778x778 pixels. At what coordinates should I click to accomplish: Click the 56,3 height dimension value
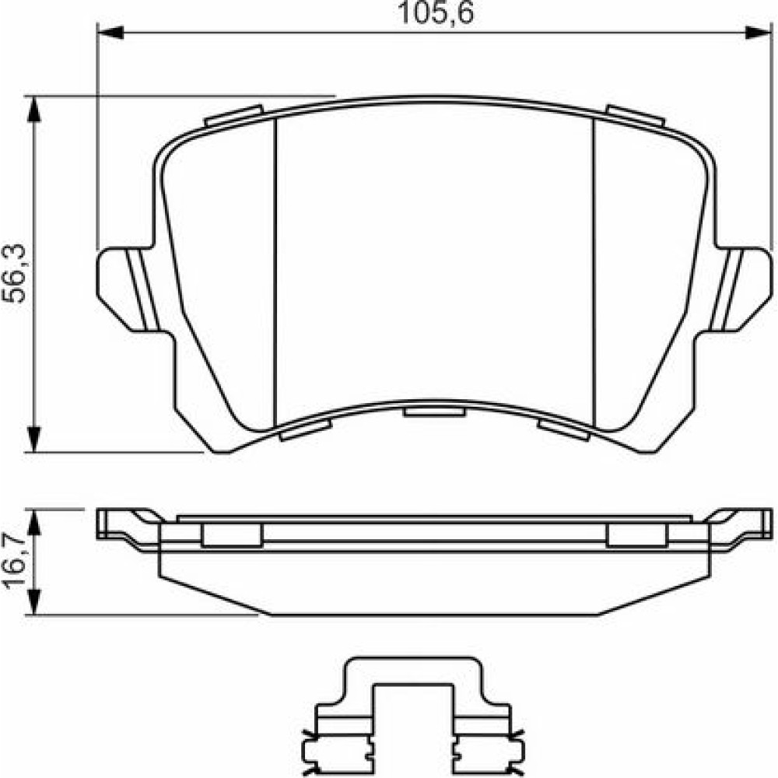click(x=14, y=273)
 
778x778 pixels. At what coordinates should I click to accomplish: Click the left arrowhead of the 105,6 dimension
click(x=110, y=33)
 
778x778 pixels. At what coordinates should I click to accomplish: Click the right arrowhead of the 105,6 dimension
click(x=759, y=33)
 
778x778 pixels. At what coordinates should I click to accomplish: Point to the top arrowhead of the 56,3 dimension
click(x=33, y=109)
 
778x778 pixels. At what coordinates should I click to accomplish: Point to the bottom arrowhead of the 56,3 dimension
click(x=33, y=439)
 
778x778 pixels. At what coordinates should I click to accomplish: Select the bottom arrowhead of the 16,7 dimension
click(x=33, y=602)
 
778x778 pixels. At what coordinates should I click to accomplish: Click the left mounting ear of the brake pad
click(x=127, y=289)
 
